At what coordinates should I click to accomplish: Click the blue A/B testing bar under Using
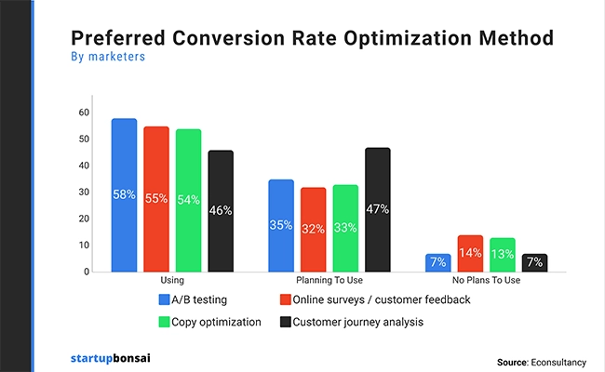pos(125,195)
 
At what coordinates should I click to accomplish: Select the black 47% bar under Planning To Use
pos(378,209)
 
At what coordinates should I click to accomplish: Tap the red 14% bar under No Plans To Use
pos(470,253)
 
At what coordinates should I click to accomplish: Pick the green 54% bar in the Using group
pos(189,200)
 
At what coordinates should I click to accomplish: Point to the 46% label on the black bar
pos(221,210)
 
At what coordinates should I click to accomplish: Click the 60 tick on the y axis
pos(84,113)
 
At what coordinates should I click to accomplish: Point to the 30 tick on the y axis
pos(84,193)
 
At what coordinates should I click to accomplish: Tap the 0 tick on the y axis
pos(87,272)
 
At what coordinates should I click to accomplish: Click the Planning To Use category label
pos(330,280)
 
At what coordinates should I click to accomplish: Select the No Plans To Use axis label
pos(486,280)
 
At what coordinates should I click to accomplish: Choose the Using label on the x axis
pos(172,280)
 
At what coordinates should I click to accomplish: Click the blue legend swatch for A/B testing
pos(165,299)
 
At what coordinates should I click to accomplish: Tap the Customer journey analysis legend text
pos(359,322)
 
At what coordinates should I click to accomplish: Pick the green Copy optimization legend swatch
pos(165,322)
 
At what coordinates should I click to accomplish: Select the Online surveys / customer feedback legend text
pos(382,299)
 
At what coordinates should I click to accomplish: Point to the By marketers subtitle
pos(107,57)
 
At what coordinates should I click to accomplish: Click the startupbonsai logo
pos(109,357)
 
